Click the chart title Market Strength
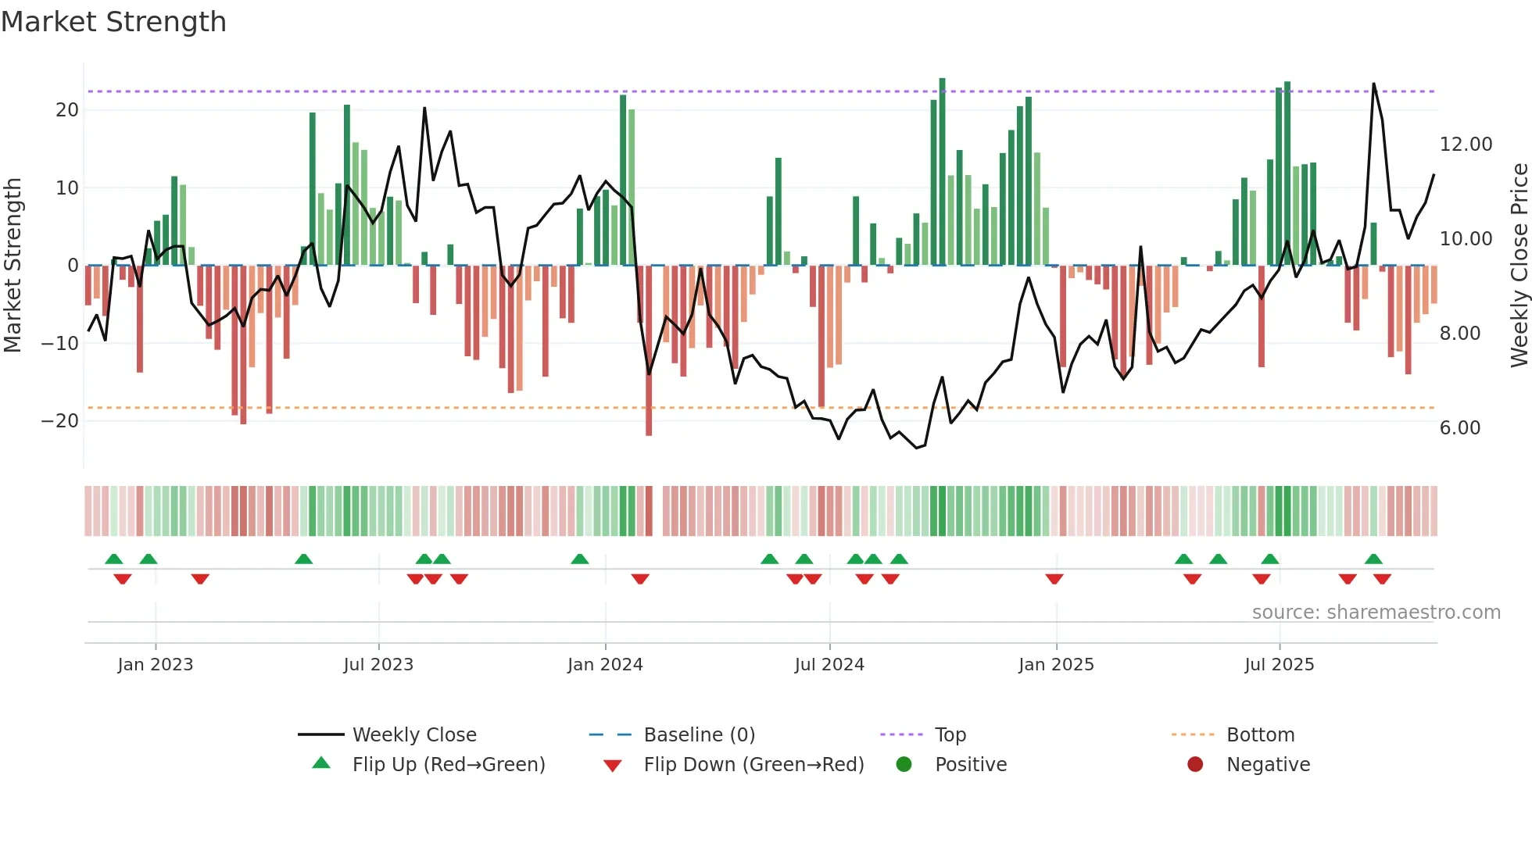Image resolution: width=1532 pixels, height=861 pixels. (113, 22)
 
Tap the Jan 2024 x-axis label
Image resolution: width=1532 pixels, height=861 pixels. (605, 665)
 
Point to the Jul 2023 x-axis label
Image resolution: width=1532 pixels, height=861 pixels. (378, 665)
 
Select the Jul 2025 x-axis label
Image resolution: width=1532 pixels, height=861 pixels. (1279, 665)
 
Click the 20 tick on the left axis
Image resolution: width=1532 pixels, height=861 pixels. (67, 110)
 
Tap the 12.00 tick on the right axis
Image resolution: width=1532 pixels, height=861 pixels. (1466, 145)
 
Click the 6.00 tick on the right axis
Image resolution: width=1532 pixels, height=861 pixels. (1459, 428)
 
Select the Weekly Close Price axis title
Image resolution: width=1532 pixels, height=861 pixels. (1519, 266)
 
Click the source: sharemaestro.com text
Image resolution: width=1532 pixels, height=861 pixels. (1376, 613)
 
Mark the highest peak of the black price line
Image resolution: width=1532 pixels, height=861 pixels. (1373, 84)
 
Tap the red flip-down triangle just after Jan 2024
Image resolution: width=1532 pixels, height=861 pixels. (640, 579)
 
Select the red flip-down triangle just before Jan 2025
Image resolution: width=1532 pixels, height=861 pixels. (1054, 579)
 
